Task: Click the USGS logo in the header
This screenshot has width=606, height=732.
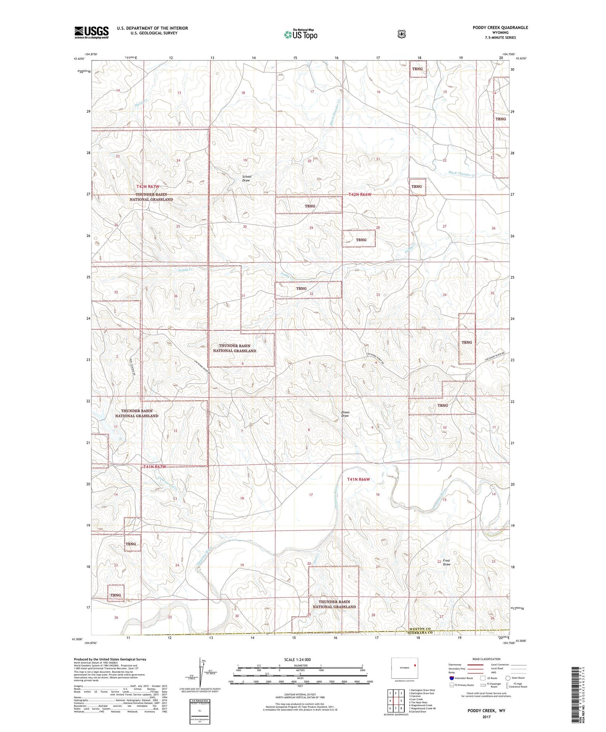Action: click(91, 32)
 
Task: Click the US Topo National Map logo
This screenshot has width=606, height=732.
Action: click(301, 34)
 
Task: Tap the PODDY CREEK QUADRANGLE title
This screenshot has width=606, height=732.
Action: click(500, 27)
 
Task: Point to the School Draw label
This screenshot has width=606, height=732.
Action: click(246, 178)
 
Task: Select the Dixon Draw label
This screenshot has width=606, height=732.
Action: click(345, 414)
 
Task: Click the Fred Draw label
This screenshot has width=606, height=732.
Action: click(446, 562)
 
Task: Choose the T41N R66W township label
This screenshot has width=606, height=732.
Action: click(359, 479)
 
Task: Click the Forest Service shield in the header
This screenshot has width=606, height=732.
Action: click(401, 34)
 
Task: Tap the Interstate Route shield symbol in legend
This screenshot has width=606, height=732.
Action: click(452, 678)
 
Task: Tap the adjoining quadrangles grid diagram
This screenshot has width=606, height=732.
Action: click(396, 701)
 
